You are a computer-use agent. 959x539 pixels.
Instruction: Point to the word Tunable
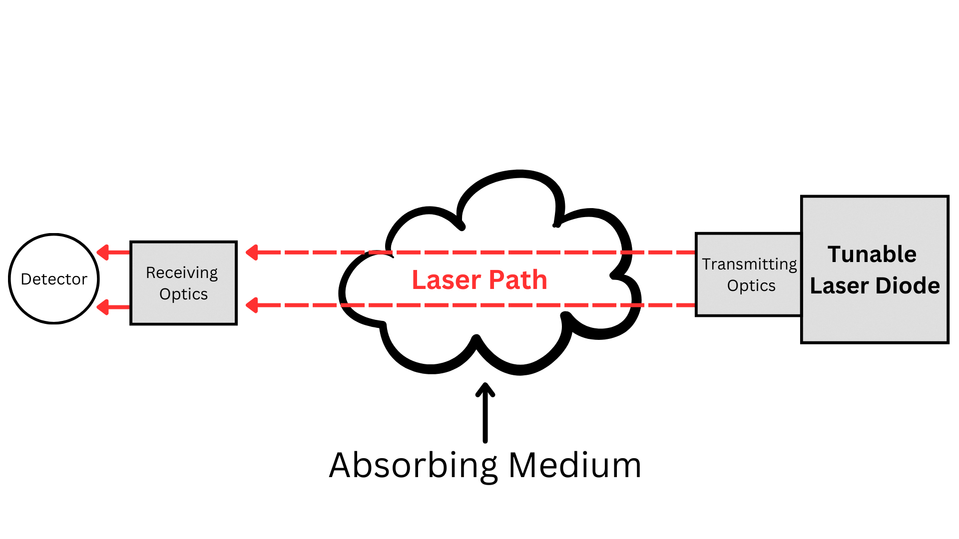[x=872, y=255]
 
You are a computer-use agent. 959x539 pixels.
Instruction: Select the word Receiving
[x=182, y=273]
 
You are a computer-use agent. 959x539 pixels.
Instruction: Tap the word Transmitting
[x=749, y=265]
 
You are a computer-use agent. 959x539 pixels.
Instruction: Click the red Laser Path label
[x=479, y=279]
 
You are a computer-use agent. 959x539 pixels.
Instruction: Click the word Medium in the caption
[x=574, y=465]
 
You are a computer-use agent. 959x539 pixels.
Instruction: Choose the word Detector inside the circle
[x=54, y=279]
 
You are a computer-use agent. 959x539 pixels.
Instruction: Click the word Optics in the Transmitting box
[x=751, y=286]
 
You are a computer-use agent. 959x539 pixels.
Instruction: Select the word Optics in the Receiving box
[x=183, y=294]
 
